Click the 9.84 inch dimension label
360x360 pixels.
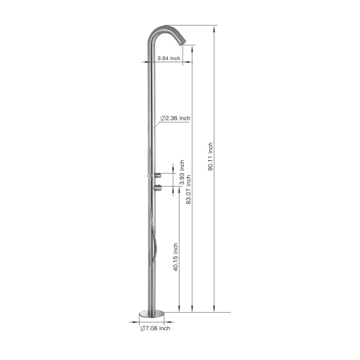pos(169,58)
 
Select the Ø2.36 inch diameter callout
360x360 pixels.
pos(175,118)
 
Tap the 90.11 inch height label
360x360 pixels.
pos(210,157)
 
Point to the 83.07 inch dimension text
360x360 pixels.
pos(189,190)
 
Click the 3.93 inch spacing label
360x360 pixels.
pos(182,173)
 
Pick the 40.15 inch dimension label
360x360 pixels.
pos(175,257)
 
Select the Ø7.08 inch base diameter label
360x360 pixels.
pos(155,328)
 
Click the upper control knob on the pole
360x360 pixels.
pos(158,175)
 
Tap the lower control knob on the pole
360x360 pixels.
pos(158,188)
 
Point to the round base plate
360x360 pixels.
pos(151,314)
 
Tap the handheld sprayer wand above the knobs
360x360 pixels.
pos(149,160)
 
